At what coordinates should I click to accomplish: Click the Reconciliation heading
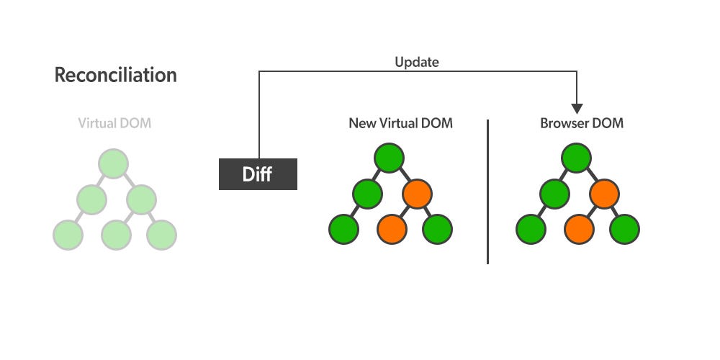115,75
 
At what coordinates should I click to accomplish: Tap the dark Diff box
258,174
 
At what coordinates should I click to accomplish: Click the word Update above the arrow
416,62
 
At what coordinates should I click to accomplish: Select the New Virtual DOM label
400,123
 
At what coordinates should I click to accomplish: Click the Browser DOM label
582,123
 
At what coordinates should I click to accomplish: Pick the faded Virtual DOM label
114,123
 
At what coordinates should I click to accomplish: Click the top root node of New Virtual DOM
389,158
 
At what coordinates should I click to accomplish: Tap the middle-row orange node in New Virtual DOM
417,193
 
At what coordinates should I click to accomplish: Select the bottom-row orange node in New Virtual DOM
392,229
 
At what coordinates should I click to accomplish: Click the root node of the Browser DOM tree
576,158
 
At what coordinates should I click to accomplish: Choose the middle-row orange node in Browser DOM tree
604,193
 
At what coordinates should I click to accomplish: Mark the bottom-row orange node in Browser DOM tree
580,229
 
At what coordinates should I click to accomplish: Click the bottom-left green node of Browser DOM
531,229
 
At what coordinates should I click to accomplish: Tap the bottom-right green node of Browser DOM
624,229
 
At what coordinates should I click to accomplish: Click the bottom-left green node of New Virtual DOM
343,229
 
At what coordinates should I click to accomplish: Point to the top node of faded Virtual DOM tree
114,163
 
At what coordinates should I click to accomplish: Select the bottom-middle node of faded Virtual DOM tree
116,235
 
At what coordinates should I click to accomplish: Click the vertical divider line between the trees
487,191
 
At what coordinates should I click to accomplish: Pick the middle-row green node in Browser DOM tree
554,193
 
